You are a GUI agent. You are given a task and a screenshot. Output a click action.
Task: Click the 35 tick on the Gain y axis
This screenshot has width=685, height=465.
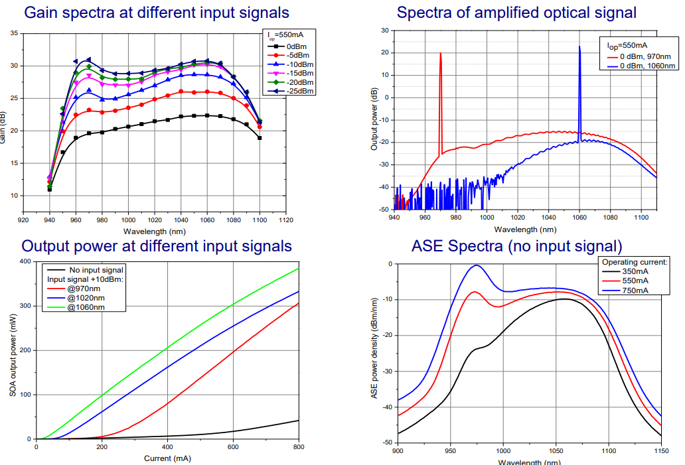(x=15, y=33)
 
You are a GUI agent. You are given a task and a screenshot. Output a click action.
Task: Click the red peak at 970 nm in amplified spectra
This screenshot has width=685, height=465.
(x=440, y=54)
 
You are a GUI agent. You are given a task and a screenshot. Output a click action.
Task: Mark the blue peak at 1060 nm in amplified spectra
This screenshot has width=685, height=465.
(x=579, y=47)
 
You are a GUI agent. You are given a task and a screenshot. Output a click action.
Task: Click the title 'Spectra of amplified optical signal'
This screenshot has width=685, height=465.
(x=516, y=12)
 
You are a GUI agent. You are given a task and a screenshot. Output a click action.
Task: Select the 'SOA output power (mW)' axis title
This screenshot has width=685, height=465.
(x=13, y=350)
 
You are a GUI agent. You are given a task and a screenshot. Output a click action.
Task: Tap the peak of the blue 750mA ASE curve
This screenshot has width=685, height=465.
(x=475, y=265)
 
